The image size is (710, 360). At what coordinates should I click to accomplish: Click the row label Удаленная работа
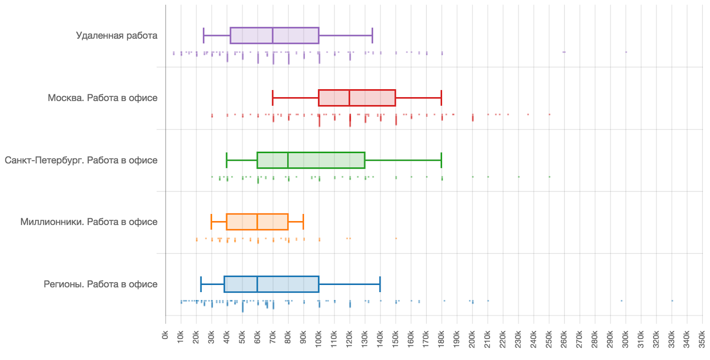(116, 36)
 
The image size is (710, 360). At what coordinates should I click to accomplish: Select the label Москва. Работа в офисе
(103, 98)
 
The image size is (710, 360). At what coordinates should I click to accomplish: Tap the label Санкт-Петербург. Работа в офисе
(81, 160)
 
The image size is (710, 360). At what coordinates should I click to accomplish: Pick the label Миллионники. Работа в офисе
(89, 222)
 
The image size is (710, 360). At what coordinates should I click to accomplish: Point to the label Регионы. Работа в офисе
(100, 284)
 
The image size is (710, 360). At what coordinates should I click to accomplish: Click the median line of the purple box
(272, 36)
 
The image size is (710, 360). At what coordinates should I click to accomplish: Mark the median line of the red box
(349, 98)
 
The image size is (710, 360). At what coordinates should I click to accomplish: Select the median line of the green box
(288, 160)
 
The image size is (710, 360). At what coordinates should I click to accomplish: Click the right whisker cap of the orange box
(303, 222)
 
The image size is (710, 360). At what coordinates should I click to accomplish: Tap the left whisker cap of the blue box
(201, 284)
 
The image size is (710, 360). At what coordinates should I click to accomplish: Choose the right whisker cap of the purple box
(372, 36)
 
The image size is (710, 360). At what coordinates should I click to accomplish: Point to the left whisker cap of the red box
(272, 98)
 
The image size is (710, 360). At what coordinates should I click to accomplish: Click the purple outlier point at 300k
(626, 52)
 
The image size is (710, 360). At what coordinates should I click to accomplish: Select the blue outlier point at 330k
(672, 301)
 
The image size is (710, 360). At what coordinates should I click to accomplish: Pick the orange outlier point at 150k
(396, 238)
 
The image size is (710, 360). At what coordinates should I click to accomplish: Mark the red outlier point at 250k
(549, 115)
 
